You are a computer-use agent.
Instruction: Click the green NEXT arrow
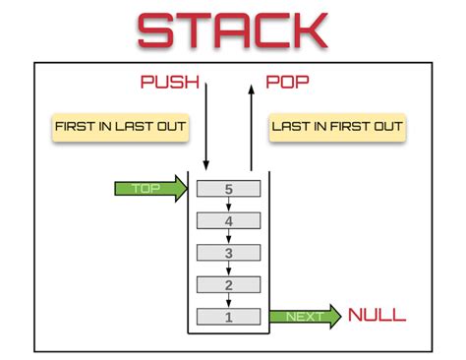click(x=305, y=316)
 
